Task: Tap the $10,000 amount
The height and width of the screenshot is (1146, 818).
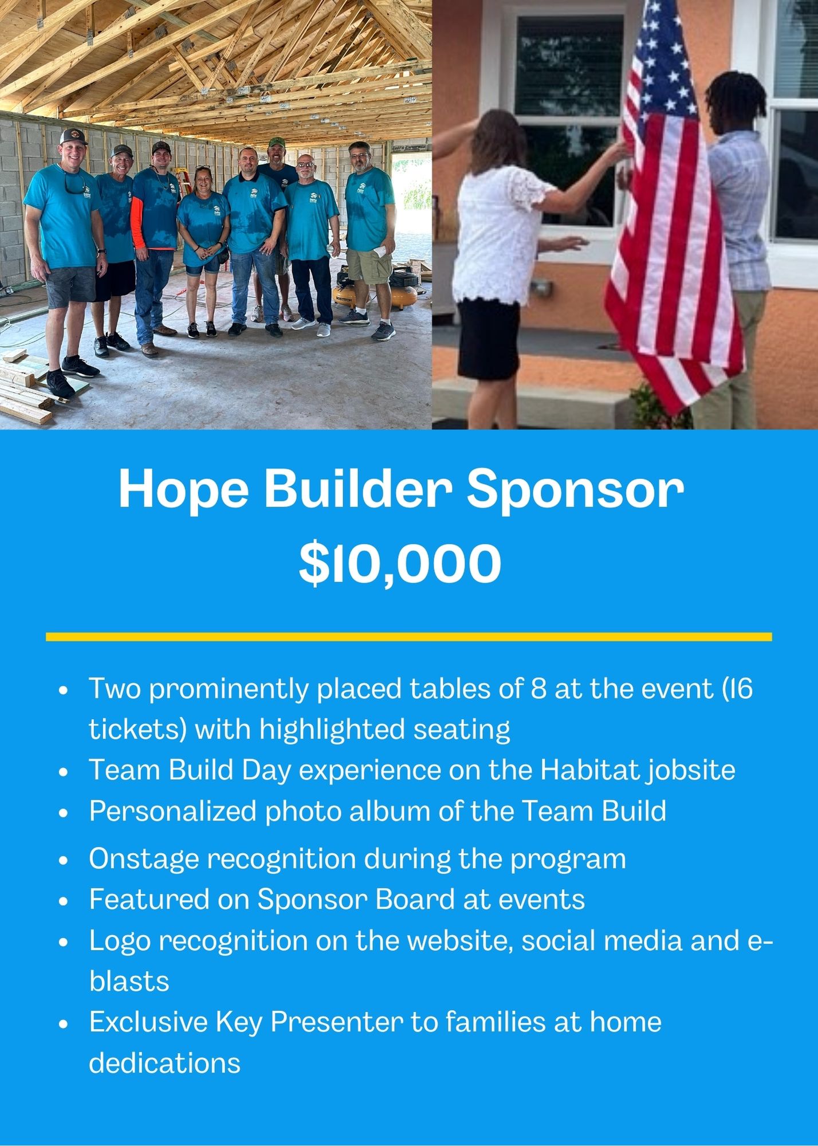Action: pos(400,563)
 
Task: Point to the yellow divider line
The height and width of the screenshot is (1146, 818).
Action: pos(409,637)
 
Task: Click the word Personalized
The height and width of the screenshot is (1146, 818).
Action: pos(172,811)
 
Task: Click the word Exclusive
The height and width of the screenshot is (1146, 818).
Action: pos(148,1022)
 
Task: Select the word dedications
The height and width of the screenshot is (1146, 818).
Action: pos(165,1062)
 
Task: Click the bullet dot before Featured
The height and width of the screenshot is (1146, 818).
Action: pos(64,901)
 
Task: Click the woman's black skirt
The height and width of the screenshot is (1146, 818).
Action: pos(489,339)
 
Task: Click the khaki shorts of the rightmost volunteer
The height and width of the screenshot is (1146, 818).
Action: pos(369,265)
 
